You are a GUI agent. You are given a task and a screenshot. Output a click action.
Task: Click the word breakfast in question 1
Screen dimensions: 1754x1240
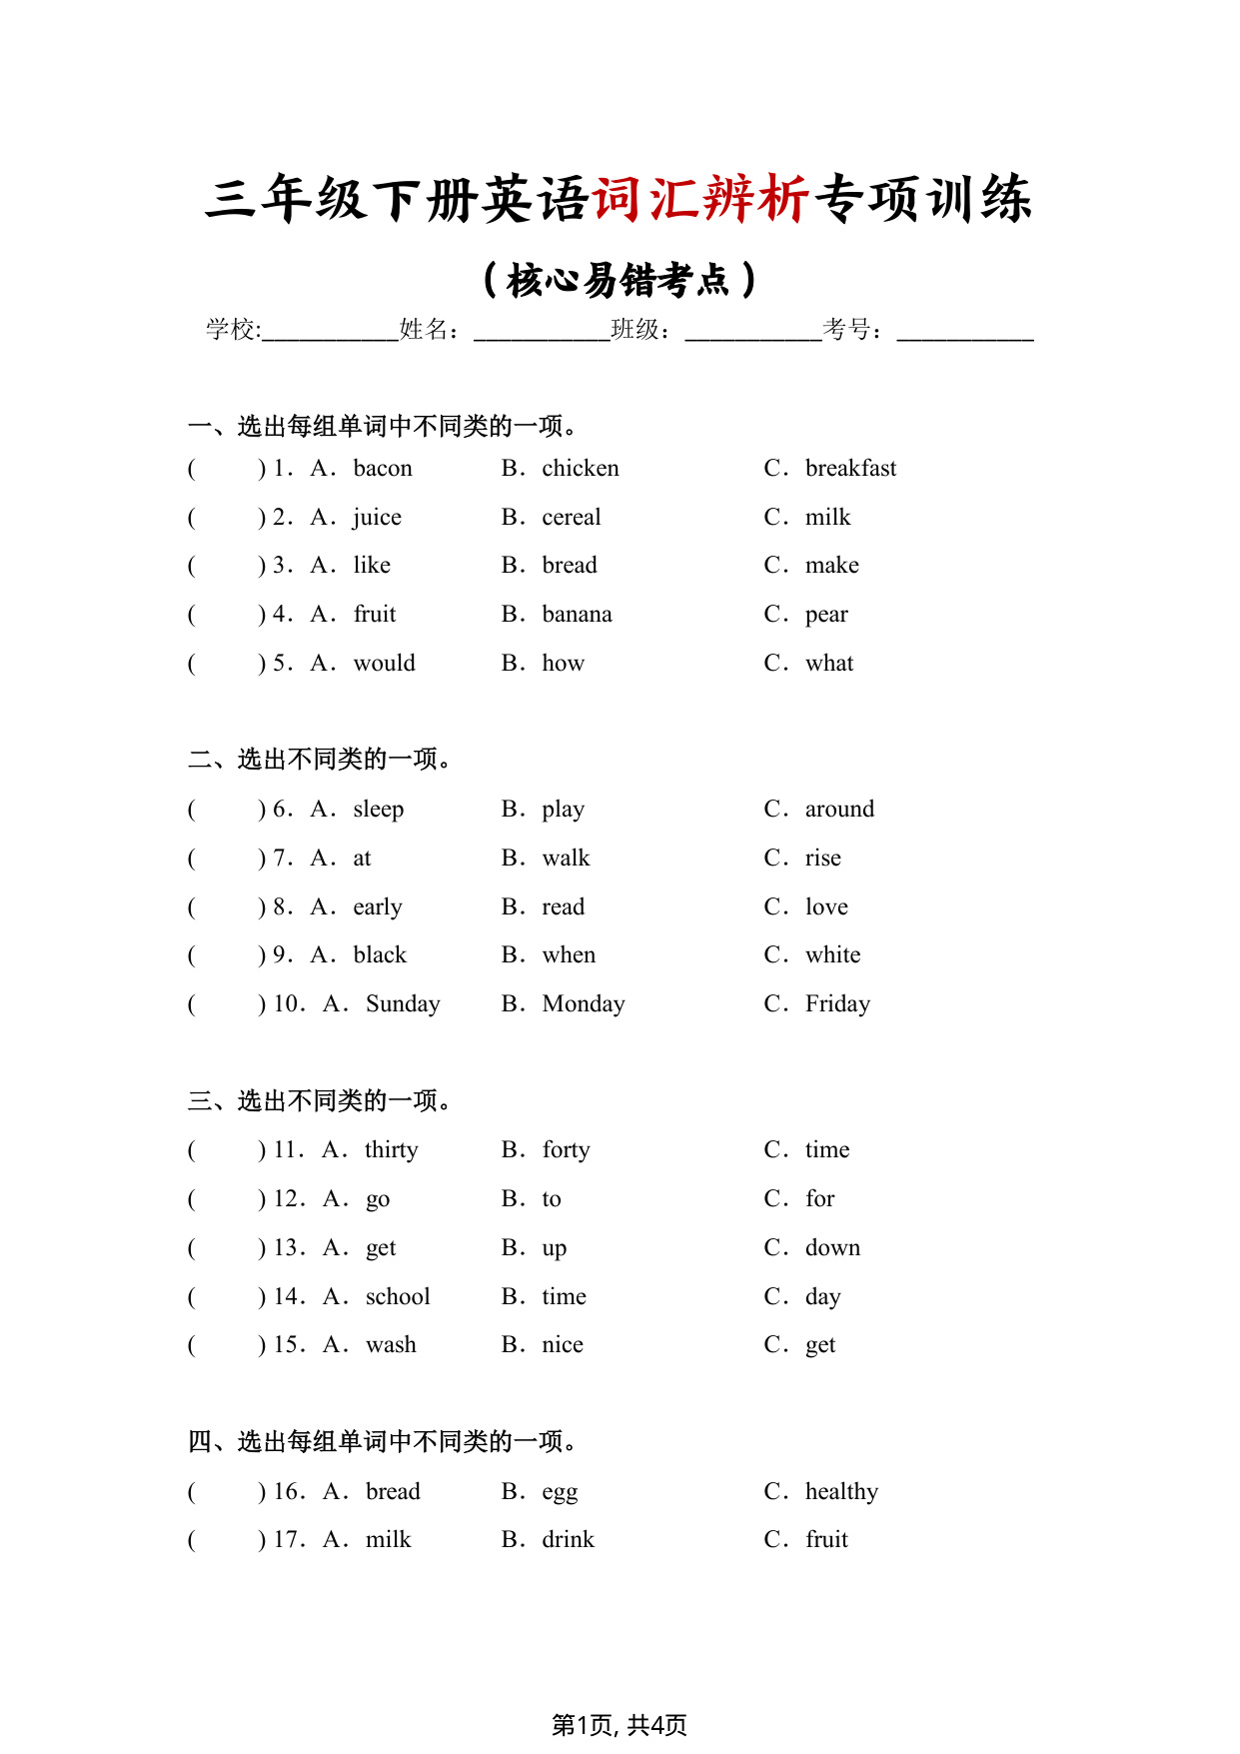click(850, 468)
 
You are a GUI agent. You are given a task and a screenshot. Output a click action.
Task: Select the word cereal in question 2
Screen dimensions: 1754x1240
click(571, 517)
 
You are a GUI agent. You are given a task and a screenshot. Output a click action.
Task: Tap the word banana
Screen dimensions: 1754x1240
click(577, 614)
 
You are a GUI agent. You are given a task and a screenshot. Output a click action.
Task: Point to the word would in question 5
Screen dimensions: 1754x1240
click(384, 663)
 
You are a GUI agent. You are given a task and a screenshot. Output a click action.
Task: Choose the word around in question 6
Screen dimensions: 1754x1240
click(839, 809)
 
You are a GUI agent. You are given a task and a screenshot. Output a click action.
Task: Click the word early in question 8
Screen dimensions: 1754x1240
click(378, 906)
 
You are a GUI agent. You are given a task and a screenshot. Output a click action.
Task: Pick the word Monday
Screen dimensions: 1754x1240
click(584, 1003)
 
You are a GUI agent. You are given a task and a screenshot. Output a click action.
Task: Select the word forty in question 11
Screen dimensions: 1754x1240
click(566, 1149)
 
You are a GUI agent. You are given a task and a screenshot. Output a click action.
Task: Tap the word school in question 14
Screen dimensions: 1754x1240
click(398, 1296)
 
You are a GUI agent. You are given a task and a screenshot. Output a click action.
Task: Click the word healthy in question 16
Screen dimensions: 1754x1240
click(841, 1491)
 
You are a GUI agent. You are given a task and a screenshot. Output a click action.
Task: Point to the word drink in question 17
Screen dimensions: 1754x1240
click(568, 1539)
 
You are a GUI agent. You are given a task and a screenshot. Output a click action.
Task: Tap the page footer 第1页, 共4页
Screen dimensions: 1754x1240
click(620, 1725)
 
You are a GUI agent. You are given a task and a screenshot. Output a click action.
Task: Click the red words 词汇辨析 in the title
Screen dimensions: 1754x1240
click(700, 198)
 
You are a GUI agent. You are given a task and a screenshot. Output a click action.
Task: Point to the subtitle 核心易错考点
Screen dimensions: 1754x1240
click(620, 280)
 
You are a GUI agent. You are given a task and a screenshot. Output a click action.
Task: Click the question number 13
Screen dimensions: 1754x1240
click(288, 1247)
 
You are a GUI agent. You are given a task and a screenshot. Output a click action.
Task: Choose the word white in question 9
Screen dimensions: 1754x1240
click(832, 954)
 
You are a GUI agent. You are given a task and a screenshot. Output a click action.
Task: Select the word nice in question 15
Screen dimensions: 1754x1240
click(563, 1344)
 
